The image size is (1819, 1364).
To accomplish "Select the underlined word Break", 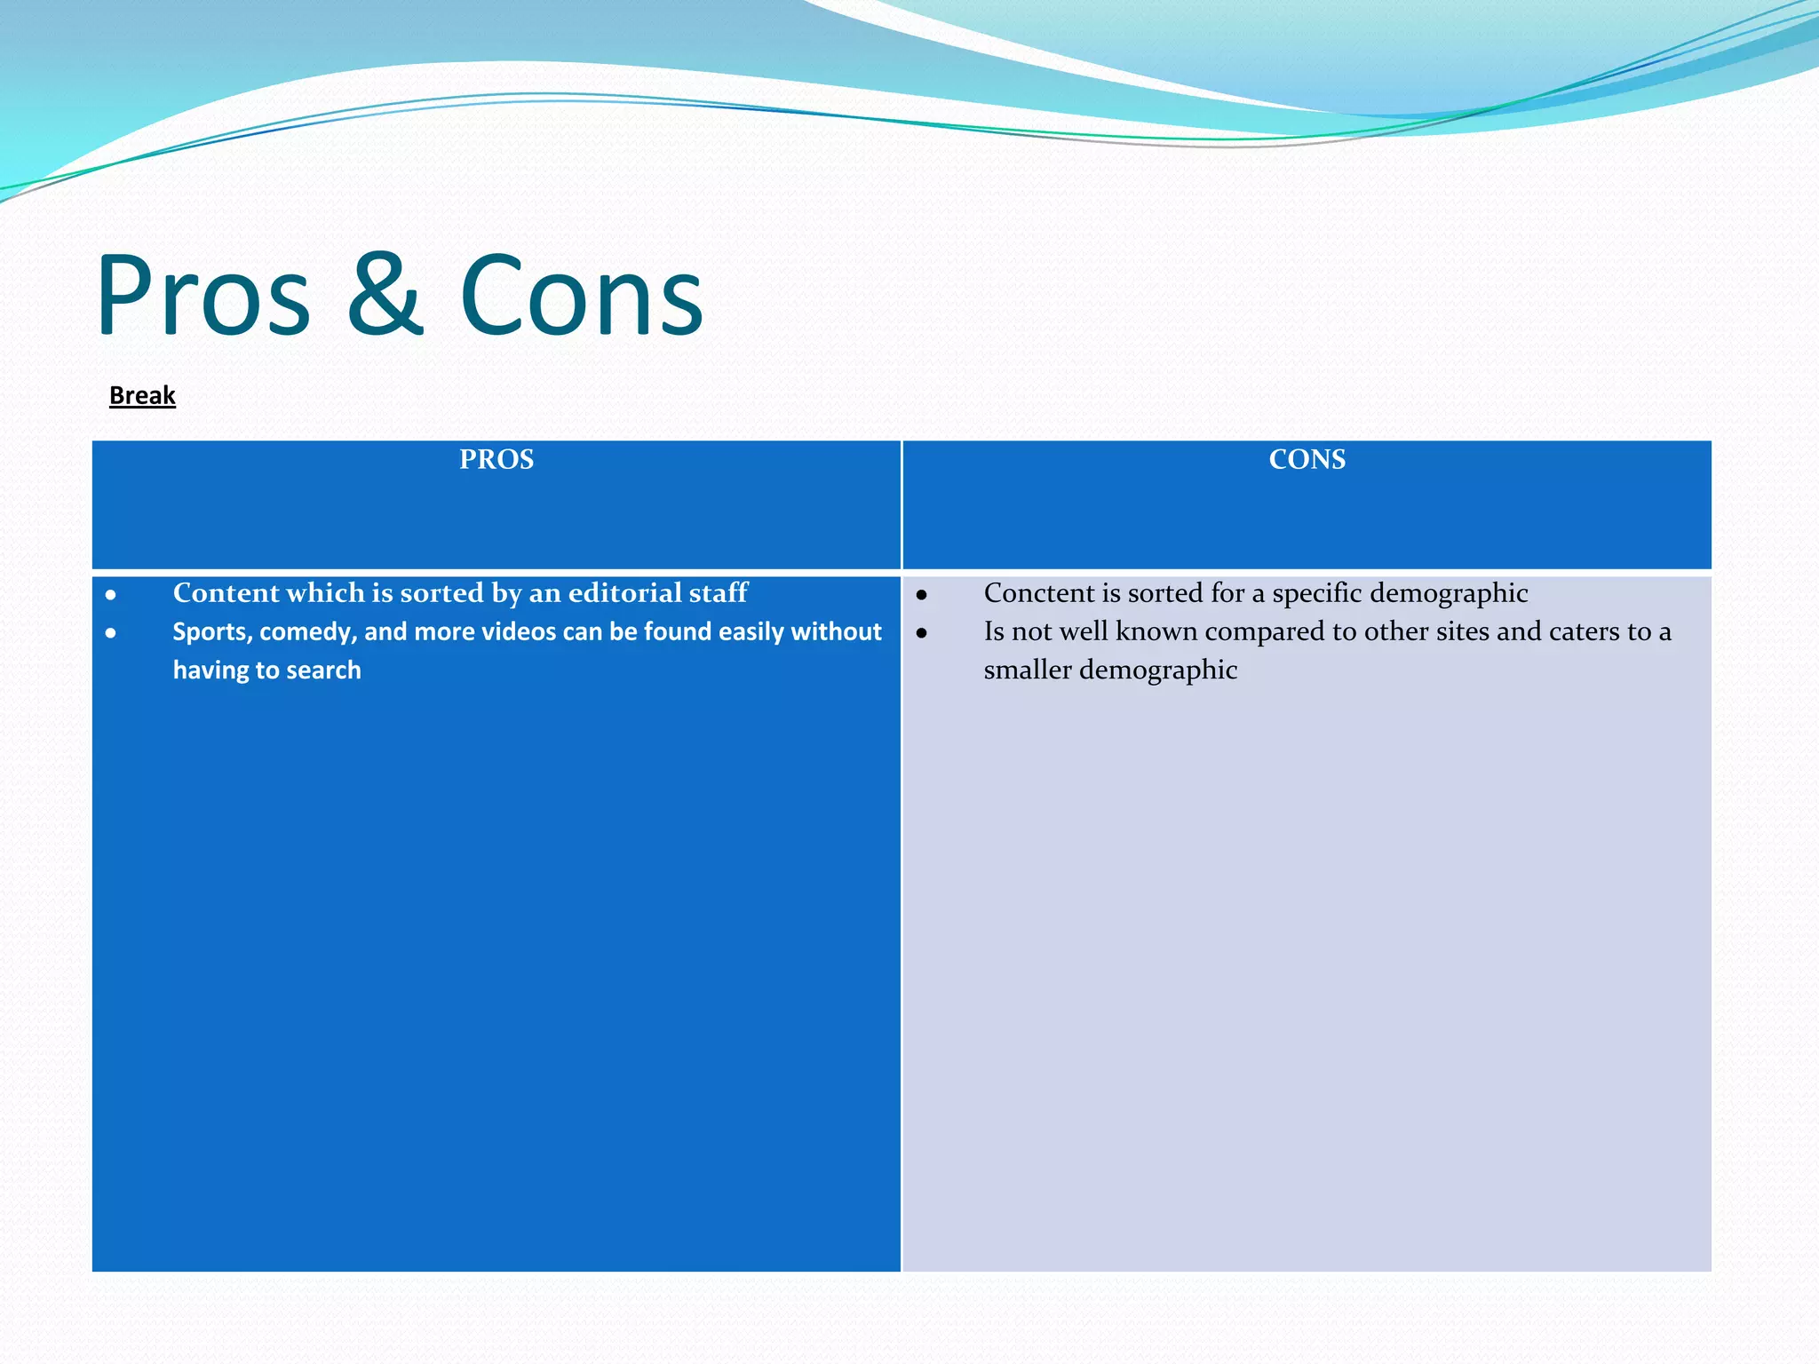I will pyautogui.click(x=142, y=395).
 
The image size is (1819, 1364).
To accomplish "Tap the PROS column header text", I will pyautogui.click(x=496, y=459).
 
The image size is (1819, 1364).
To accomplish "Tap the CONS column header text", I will pyautogui.click(x=1307, y=459).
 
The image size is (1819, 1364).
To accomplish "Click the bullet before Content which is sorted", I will pyautogui.click(x=111, y=595).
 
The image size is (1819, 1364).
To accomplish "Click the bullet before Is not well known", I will pyautogui.click(x=922, y=633).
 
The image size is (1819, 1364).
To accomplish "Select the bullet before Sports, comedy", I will pyautogui.click(x=111, y=633).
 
